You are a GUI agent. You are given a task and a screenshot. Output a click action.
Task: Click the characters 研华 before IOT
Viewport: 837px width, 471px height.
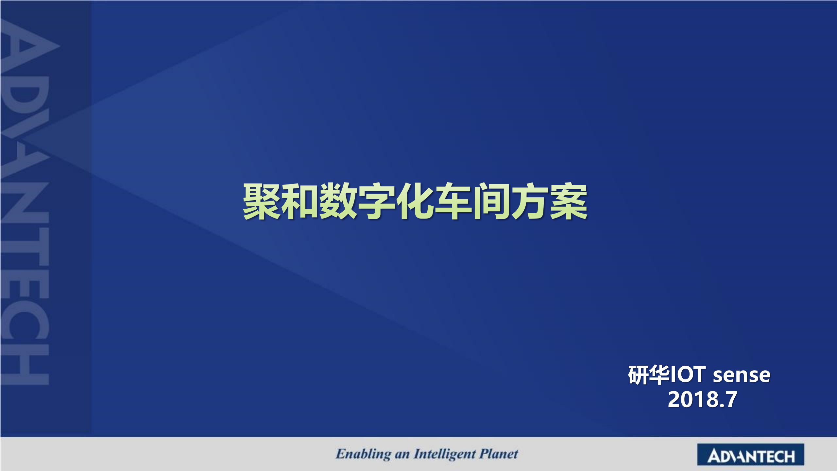point(649,375)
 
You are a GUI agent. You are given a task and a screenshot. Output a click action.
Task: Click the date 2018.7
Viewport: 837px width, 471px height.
point(702,400)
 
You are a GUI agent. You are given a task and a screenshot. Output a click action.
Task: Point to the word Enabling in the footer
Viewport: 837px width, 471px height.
point(363,454)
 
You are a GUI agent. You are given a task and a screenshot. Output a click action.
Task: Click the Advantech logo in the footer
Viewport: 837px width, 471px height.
point(751,455)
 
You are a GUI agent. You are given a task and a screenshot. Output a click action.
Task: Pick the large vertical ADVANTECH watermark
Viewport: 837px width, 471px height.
point(26,203)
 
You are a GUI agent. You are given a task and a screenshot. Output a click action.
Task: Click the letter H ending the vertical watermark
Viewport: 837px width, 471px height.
point(26,365)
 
